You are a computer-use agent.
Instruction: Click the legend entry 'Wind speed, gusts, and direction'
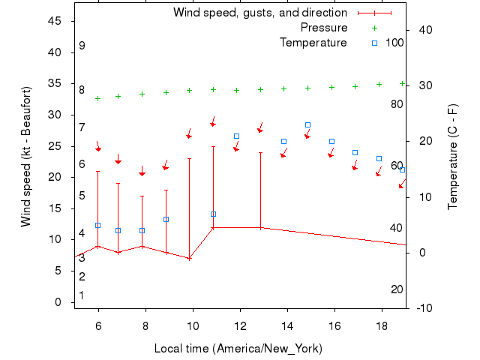(259, 13)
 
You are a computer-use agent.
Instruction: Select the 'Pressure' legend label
(324, 28)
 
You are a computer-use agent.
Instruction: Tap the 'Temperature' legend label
(313, 43)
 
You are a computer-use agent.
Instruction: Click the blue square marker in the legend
(375, 43)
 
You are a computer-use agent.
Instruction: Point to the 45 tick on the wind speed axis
(55, 21)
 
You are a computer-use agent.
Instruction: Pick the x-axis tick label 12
(240, 327)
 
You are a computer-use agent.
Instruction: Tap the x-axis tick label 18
(382, 327)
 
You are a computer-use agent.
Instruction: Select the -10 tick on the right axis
(424, 307)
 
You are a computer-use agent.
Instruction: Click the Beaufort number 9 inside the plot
(82, 46)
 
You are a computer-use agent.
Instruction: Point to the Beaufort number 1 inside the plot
(82, 295)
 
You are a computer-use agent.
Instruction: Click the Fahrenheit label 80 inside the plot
(397, 103)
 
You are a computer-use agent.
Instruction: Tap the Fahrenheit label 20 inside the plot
(397, 289)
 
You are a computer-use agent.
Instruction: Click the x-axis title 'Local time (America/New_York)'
(238, 349)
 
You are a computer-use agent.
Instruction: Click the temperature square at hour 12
(236, 136)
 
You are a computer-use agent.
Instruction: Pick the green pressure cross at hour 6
(97, 98)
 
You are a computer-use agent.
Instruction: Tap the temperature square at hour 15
(307, 124)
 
